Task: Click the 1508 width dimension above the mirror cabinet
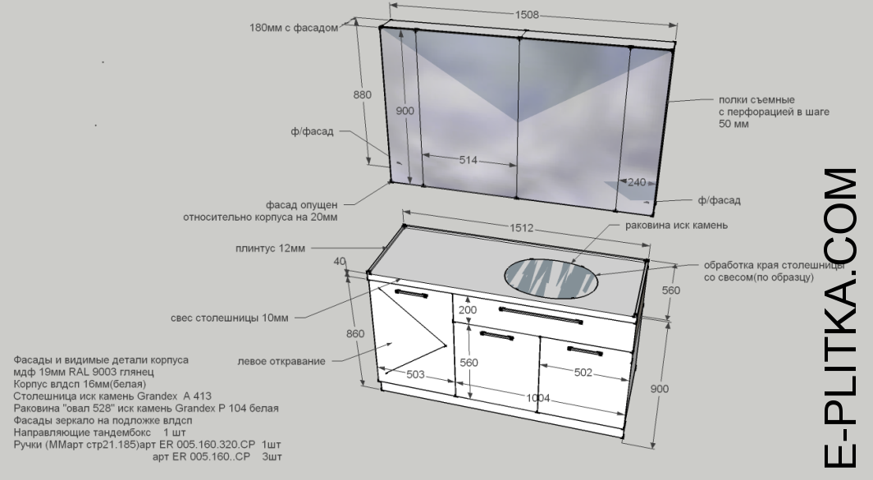tap(527, 15)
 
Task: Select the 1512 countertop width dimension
tap(522, 228)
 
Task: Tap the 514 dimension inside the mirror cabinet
tap(468, 160)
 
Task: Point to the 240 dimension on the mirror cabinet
tap(637, 182)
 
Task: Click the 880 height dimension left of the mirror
tap(363, 94)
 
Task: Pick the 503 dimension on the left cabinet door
tap(415, 374)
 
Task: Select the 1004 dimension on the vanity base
tap(538, 398)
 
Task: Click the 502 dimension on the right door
tap(583, 372)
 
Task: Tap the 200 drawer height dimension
tap(468, 309)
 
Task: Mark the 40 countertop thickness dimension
tap(340, 261)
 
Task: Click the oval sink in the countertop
tap(551, 278)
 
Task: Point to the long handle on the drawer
tap(541, 315)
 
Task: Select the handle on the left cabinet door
tap(411, 293)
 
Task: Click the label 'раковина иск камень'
tap(676, 226)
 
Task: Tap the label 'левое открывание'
tap(281, 361)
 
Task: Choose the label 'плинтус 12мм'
tap(270, 249)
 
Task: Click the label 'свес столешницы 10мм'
tap(230, 318)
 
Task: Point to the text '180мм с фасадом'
tap(294, 28)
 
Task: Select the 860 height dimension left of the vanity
tap(355, 334)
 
